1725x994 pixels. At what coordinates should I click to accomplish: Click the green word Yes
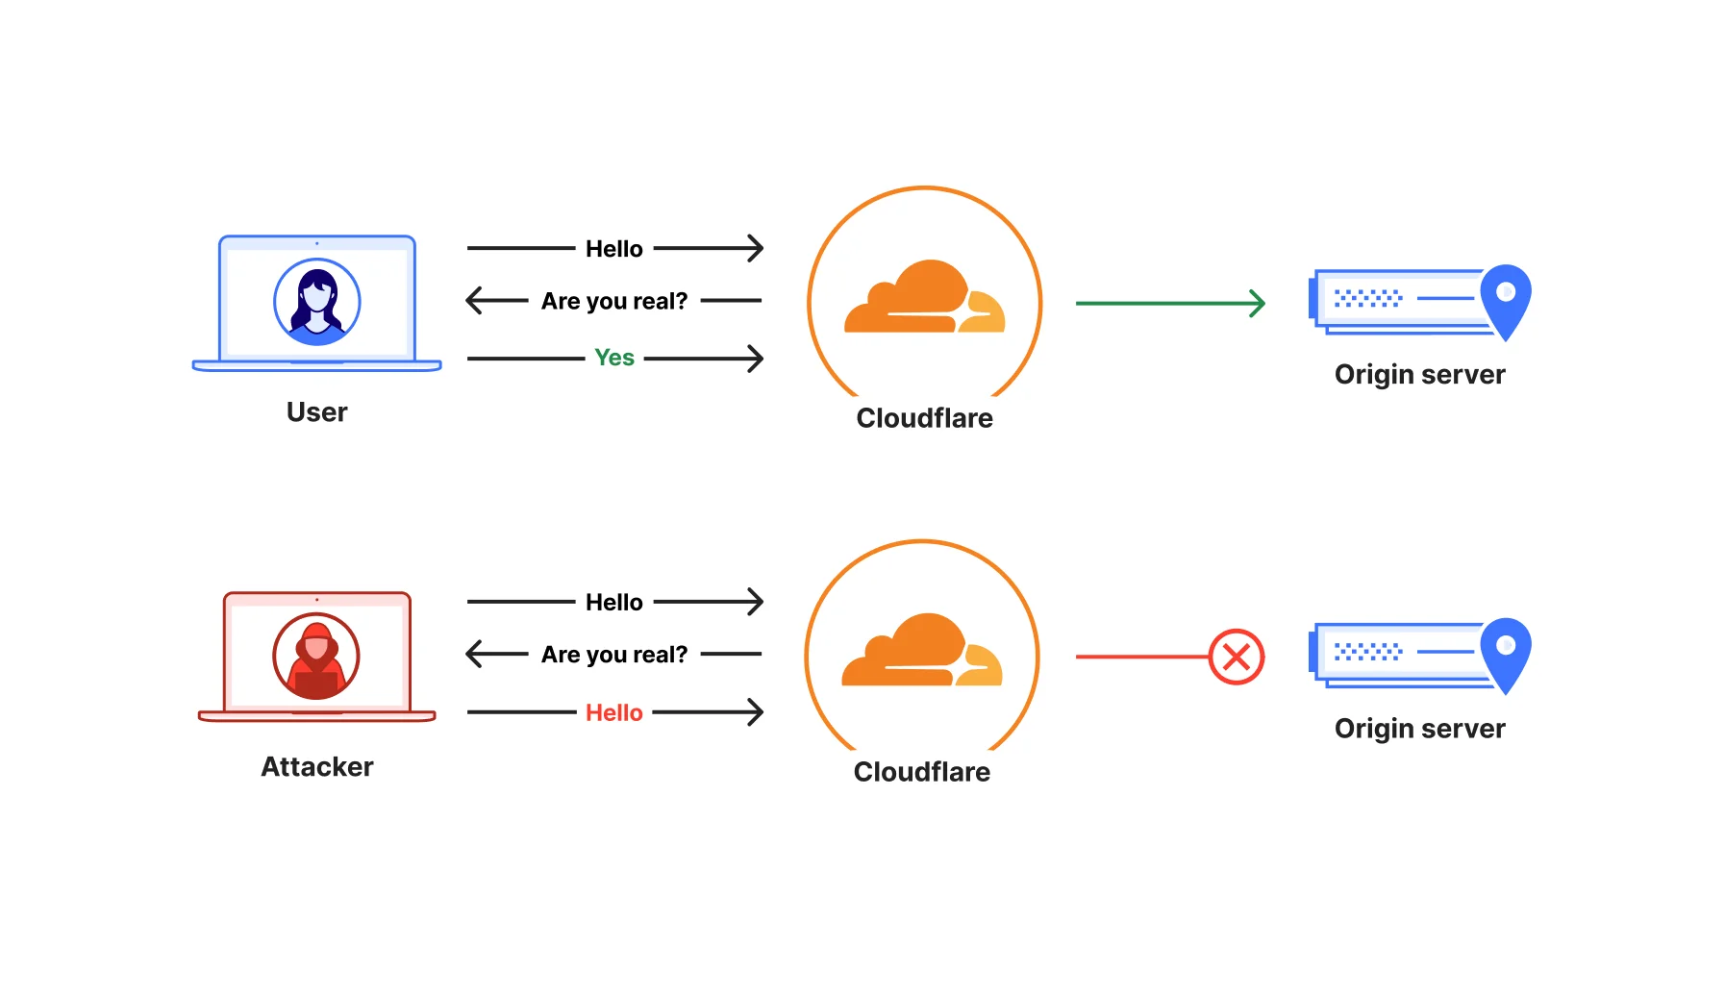click(613, 358)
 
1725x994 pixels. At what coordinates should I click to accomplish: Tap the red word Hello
click(613, 712)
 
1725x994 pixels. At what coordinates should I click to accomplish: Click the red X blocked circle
click(1236, 657)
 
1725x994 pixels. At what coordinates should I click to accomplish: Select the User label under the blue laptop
click(316, 412)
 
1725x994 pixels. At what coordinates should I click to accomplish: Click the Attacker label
click(316, 767)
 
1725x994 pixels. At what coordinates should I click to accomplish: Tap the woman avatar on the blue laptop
click(316, 302)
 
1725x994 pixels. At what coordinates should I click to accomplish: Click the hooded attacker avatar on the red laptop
click(316, 657)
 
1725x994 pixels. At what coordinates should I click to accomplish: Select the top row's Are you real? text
click(613, 301)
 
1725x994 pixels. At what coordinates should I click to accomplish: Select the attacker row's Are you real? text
click(613, 655)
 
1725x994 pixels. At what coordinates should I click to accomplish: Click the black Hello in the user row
click(613, 249)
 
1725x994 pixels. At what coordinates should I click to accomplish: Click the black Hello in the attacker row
click(613, 603)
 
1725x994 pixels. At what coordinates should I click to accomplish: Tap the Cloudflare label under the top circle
click(924, 418)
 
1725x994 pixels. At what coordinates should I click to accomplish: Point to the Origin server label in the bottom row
click(1419, 729)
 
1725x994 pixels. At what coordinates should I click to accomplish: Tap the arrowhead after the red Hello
click(755, 712)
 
